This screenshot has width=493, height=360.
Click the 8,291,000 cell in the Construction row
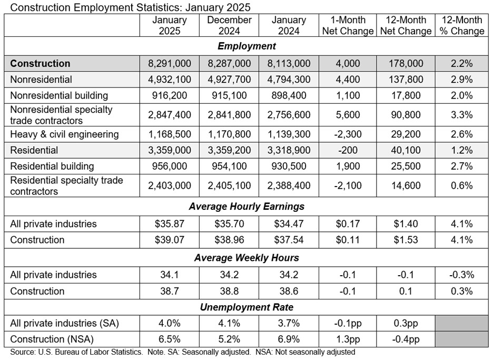point(170,64)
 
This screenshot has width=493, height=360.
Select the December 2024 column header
point(229,25)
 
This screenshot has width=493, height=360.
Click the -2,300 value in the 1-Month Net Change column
point(347,134)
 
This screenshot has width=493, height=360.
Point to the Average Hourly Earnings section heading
point(246,206)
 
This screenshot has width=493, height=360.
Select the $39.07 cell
point(170,240)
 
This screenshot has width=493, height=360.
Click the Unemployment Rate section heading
point(246,307)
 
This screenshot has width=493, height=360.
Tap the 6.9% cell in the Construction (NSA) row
point(289,339)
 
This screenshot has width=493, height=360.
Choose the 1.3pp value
point(347,339)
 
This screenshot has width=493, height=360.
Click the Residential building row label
point(52,166)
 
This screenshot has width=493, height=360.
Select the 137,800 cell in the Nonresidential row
point(405,80)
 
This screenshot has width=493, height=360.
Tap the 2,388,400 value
point(289,186)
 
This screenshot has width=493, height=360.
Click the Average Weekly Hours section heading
point(246,258)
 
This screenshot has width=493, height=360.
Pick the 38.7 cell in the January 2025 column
point(170,291)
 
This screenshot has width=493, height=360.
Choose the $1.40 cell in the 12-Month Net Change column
point(405,224)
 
